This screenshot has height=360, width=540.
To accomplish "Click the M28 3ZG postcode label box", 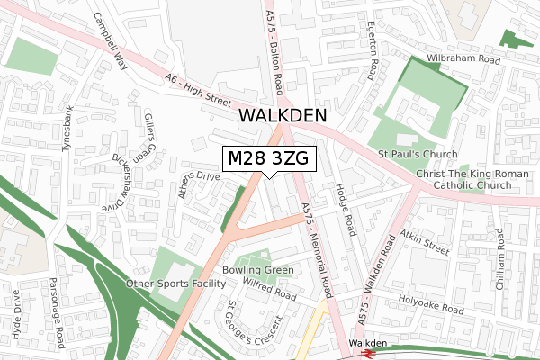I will [x=268, y=159].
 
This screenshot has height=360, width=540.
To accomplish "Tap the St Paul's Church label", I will [x=406, y=155].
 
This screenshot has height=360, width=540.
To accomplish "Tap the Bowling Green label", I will [x=258, y=270].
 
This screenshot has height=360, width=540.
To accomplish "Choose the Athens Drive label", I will [x=200, y=187].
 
